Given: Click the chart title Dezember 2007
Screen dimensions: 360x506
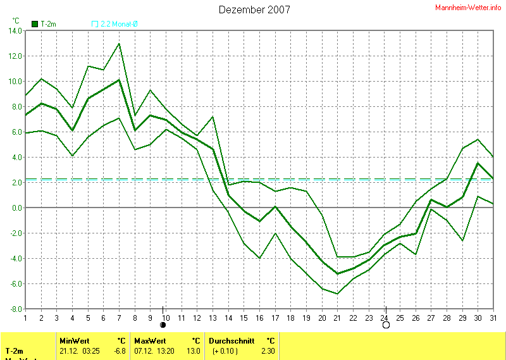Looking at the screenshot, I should (x=254, y=9).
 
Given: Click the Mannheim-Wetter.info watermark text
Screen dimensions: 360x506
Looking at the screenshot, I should (x=468, y=8).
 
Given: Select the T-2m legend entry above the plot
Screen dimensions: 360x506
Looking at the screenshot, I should (x=44, y=24).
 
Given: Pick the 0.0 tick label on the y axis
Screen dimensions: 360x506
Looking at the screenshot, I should (x=16, y=208).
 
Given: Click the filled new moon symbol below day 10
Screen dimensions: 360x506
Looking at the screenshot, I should (x=163, y=325).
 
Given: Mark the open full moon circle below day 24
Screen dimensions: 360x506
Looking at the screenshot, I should (x=386, y=325).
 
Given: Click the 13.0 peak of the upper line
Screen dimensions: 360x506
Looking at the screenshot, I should (x=119, y=44).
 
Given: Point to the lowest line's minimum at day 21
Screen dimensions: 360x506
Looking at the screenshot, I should (x=338, y=294).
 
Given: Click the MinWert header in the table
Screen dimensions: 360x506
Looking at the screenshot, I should (x=73, y=340).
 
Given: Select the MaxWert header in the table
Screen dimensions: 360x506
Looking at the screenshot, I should (x=149, y=340).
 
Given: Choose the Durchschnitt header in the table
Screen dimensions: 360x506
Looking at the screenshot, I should (x=231, y=340).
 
